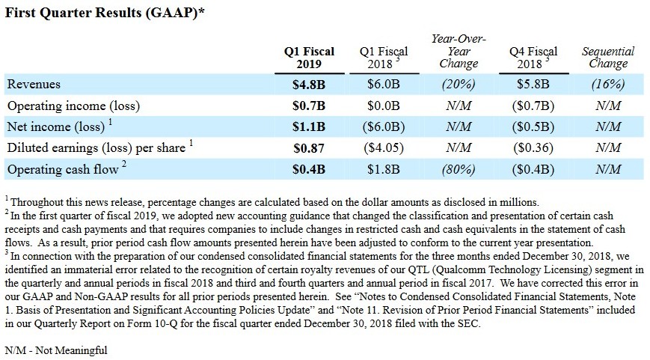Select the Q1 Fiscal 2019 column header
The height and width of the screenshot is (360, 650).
[x=309, y=58]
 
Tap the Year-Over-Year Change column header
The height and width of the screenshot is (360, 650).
[x=459, y=51]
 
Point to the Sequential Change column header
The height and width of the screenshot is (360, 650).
[x=608, y=58]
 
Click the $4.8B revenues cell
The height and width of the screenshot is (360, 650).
[x=309, y=85]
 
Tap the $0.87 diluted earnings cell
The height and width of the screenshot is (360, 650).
[x=309, y=148]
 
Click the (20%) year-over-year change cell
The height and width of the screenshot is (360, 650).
[x=459, y=85]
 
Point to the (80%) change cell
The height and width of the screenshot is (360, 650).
[x=459, y=170]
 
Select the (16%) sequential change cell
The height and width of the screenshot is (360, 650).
[x=608, y=85]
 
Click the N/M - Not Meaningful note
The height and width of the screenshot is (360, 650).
[x=56, y=350]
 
